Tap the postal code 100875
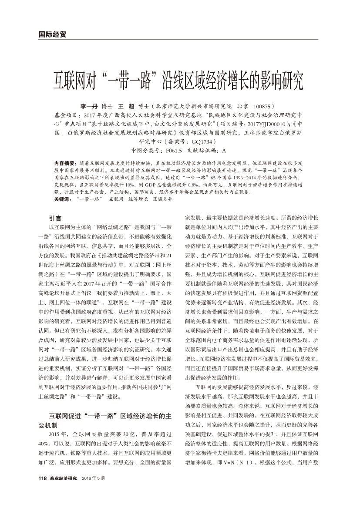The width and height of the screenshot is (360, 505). (262, 106)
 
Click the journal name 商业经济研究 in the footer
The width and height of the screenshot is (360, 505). (63, 478)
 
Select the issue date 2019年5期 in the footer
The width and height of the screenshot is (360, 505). (94, 478)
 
